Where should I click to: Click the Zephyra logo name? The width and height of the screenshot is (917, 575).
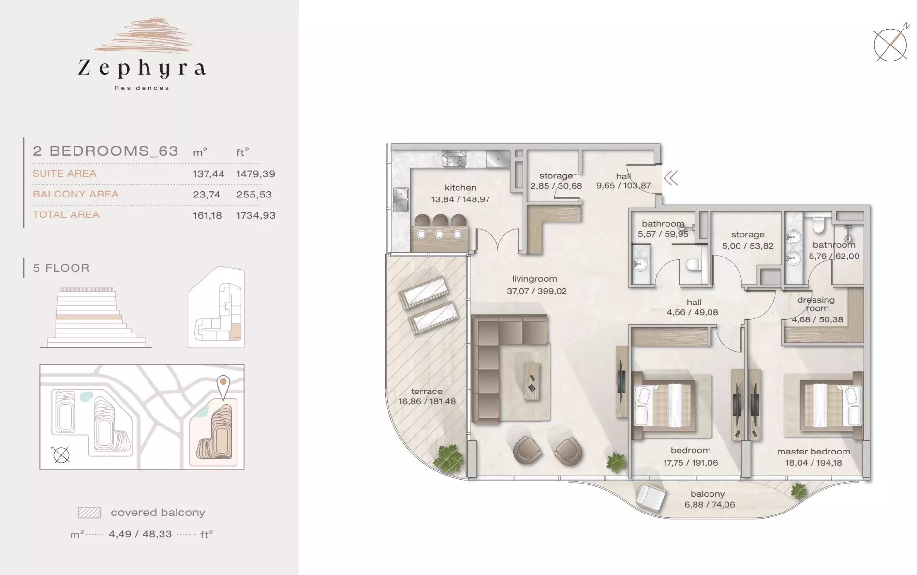(x=142, y=68)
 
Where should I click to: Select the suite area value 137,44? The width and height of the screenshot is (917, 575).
(x=208, y=174)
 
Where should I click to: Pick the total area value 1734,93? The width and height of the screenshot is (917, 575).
(x=256, y=215)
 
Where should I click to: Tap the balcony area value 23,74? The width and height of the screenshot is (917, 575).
(x=207, y=195)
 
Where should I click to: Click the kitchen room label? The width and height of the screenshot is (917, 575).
(x=460, y=188)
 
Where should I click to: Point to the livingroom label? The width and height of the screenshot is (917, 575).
(x=534, y=279)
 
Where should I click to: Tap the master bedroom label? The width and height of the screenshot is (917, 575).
(x=813, y=452)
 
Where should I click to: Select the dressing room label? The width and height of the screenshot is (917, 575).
(x=816, y=304)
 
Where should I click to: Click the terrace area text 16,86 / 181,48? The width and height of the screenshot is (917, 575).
(x=427, y=401)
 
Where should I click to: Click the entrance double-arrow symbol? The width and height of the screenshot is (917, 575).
(x=671, y=178)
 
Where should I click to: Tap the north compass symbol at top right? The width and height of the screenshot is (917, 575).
(x=891, y=44)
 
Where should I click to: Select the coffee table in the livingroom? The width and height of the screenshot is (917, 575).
(x=532, y=381)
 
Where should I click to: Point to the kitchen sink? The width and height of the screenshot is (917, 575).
(x=401, y=199)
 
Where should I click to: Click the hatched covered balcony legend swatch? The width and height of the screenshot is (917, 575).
(x=89, y=513)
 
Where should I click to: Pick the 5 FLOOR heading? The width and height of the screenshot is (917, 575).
(x=61, y=268)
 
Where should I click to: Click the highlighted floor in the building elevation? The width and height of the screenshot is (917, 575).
(x=89, y=317)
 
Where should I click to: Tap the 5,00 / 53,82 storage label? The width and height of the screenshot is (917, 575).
(x=748, y=246)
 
